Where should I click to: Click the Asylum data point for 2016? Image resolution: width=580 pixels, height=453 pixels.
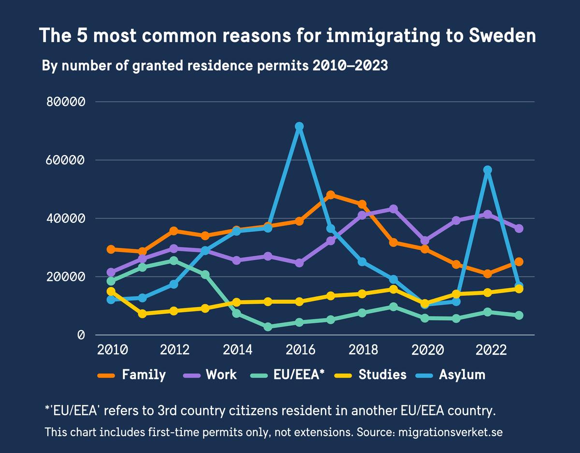pos(299,126)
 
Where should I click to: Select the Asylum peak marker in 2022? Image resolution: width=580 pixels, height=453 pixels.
pos(488,170)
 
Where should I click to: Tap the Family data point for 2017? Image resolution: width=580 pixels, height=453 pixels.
pos(331,195)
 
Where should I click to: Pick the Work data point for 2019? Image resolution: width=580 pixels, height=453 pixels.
pos(393,209)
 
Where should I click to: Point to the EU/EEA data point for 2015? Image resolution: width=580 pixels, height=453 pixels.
pos(268,327)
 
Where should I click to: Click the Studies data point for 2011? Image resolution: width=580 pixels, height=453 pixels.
pos(142,314)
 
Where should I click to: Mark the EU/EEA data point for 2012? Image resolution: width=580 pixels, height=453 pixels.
pos(174,261)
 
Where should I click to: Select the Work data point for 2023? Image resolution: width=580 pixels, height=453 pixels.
pos(519,228)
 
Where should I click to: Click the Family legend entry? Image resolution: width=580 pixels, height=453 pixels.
pos(131,375)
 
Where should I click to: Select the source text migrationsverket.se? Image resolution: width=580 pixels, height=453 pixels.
pos(450,432)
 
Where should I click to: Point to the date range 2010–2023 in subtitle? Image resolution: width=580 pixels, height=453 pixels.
pos(350,66)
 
